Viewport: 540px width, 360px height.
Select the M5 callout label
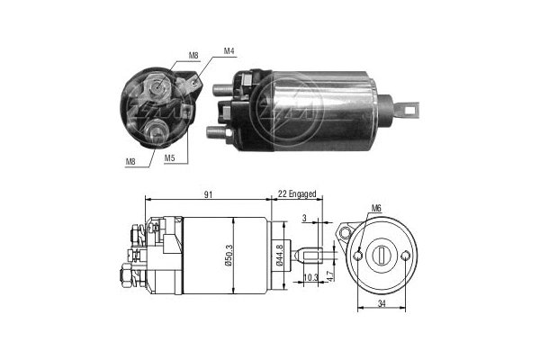169,157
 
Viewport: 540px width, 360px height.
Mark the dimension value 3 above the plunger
304,217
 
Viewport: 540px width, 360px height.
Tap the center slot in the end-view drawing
383,256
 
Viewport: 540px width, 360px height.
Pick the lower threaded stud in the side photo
216,131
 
